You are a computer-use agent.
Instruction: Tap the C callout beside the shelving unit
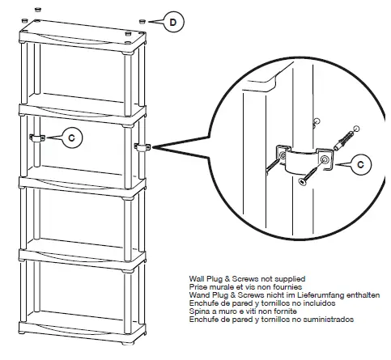[72, 138]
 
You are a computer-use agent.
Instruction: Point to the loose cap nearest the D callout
[142, 20]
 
